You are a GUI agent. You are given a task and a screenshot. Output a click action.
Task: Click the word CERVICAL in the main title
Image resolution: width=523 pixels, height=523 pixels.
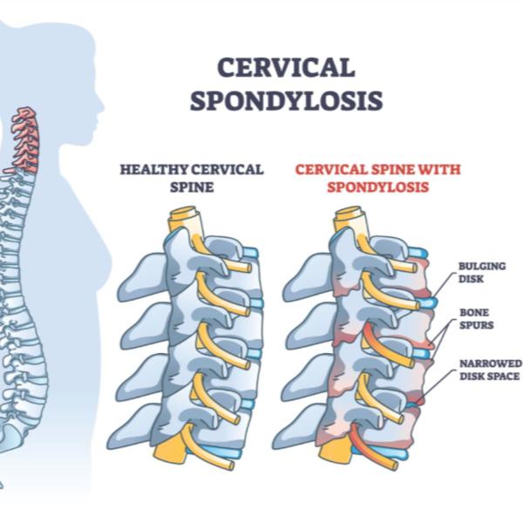tap(286, 67)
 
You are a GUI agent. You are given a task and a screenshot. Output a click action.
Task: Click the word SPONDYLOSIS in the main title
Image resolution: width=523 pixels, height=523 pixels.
tap(286, 100)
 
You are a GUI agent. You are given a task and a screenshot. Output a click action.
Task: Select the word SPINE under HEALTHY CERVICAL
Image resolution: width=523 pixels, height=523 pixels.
tap(192, 187)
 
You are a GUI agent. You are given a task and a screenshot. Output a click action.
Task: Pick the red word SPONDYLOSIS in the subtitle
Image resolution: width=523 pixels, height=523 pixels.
tap(377, 187)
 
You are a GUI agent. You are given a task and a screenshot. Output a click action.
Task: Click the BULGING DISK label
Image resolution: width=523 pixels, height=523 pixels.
tap(482, 272)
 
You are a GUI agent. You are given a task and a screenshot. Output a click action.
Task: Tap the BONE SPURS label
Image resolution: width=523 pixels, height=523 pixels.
tap(476, 318)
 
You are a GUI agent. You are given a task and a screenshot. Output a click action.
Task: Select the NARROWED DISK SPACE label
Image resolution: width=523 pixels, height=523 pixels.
tap(490, 370)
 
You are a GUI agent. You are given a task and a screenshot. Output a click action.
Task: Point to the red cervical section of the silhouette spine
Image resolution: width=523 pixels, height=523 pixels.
tap(26, 140)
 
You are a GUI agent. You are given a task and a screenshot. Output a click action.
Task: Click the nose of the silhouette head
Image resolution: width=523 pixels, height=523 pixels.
tap(101, 108)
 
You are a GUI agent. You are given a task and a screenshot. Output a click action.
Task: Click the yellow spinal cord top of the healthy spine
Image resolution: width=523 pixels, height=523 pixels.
tap(185, 221)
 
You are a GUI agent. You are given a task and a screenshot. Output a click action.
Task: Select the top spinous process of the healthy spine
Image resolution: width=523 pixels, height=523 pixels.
tap(142, 277)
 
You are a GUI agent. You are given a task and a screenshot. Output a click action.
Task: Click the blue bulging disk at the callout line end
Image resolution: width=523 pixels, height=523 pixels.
tap(428, 302)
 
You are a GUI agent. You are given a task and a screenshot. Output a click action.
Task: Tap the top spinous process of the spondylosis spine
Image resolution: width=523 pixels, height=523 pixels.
tap(308, 277)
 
